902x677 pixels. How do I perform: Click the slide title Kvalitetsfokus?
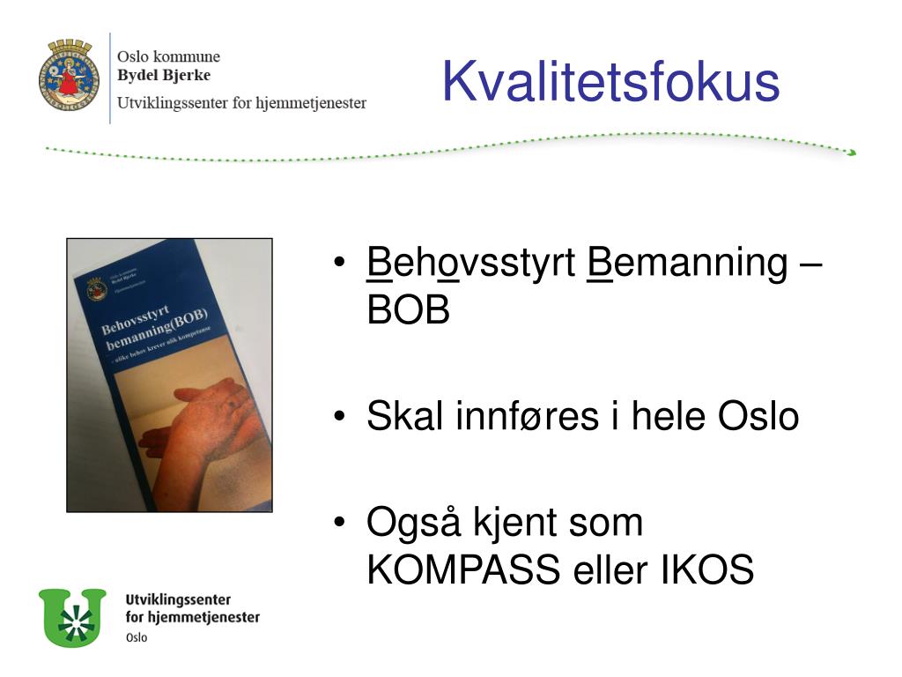coord(610,82)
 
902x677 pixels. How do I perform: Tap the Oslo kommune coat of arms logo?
coord(69,75)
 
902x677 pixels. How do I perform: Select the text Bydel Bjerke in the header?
coord(164,75)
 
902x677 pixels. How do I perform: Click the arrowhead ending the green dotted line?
coord(851,153)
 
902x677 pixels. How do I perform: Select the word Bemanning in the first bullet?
coord(687,264)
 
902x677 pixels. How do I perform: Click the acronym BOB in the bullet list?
coord(408,310)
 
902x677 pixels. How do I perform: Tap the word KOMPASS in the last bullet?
coord(463,571)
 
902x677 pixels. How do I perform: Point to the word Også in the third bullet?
coord(413,524)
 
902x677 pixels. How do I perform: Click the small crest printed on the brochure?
coord(96,288)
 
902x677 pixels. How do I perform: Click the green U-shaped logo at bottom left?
coord(71,617)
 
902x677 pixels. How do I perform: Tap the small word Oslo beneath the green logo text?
coord(137,637)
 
